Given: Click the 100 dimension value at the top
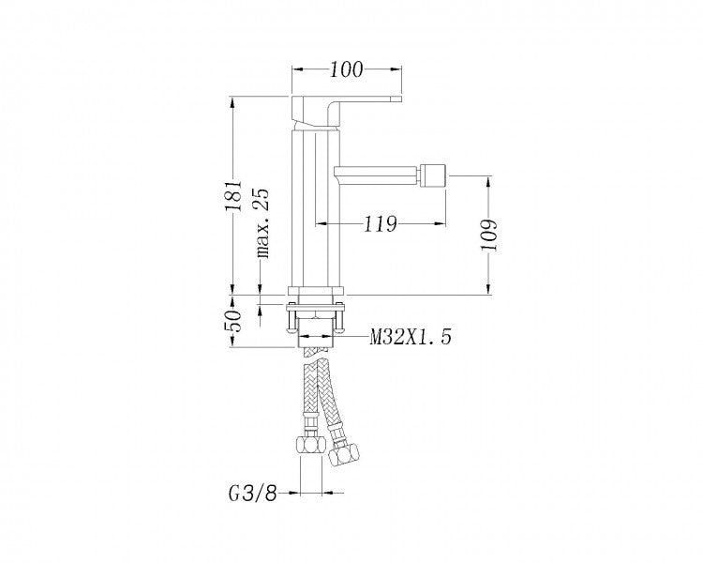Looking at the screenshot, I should point(347,69).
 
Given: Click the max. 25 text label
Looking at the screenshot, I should point(262,221).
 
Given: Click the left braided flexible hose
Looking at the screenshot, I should point(310,394).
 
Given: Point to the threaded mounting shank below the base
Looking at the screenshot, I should point(316,333).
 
